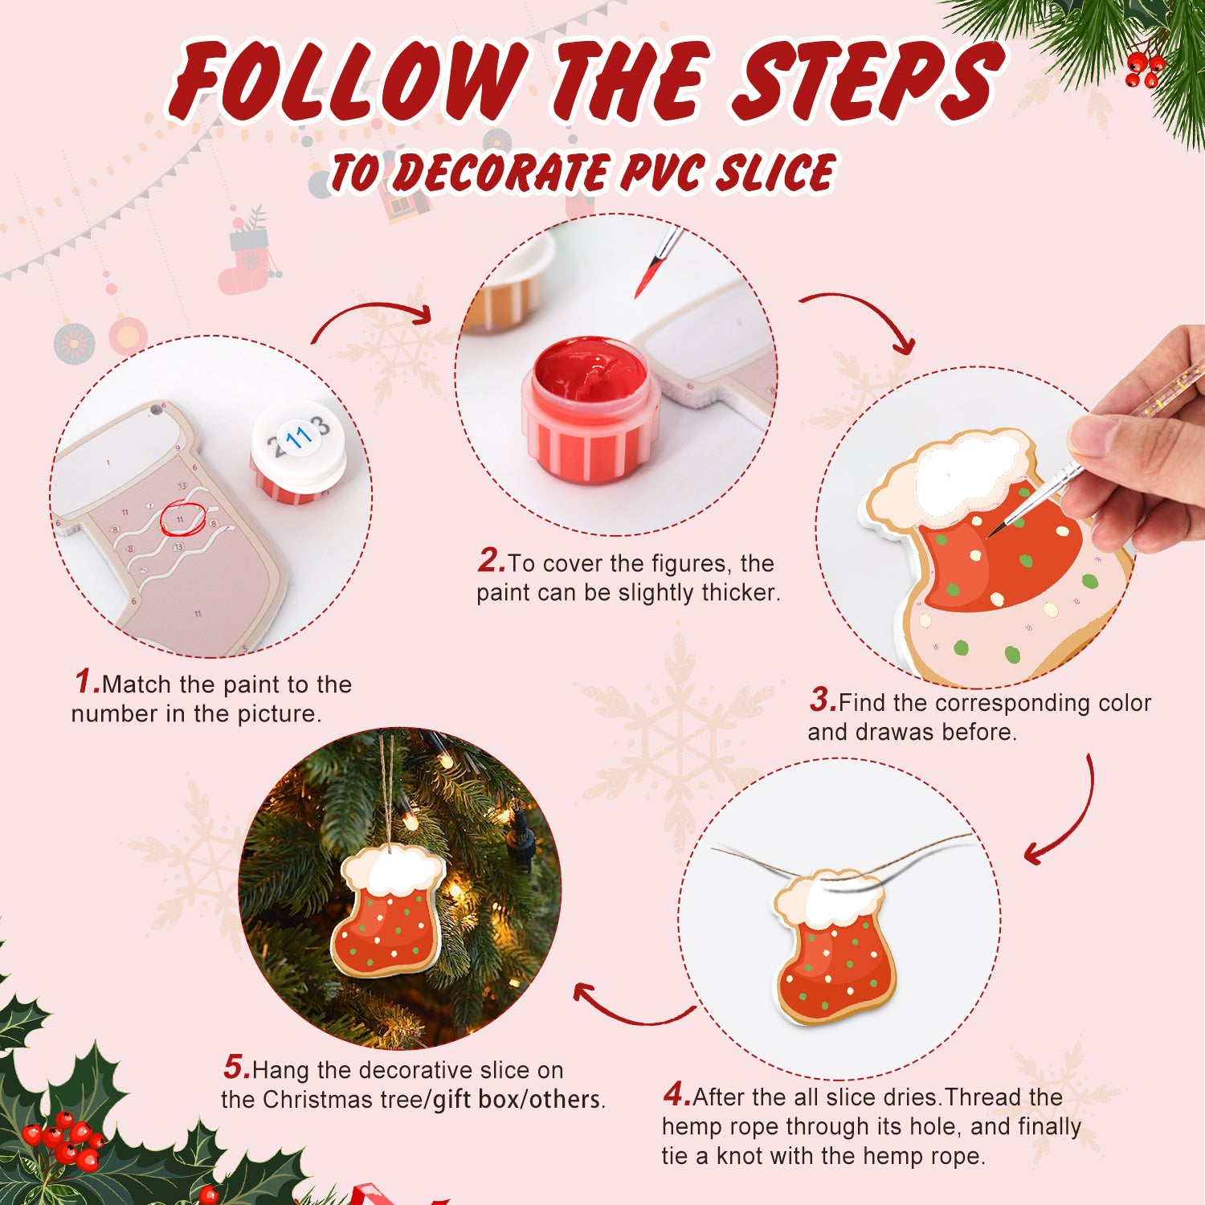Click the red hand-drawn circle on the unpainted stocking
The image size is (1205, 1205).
coord(182,518)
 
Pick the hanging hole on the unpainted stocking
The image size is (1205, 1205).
coord(155,411)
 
